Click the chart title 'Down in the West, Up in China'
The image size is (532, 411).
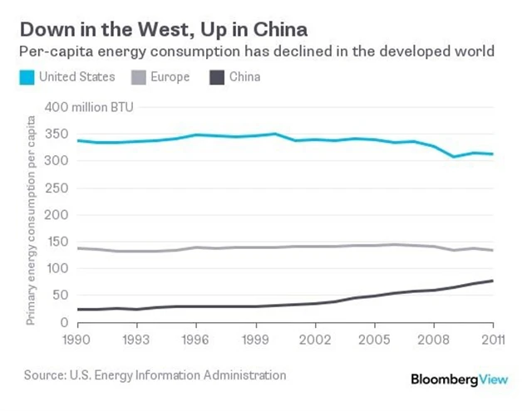pyautogui.click(x=163, y=30)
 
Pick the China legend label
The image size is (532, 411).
pyautogui.click(x=244, y=77)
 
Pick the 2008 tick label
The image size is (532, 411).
pyautogui.click(x=434, y=340)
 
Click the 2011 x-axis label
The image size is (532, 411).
pyautogui.click(x=493, y=340)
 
